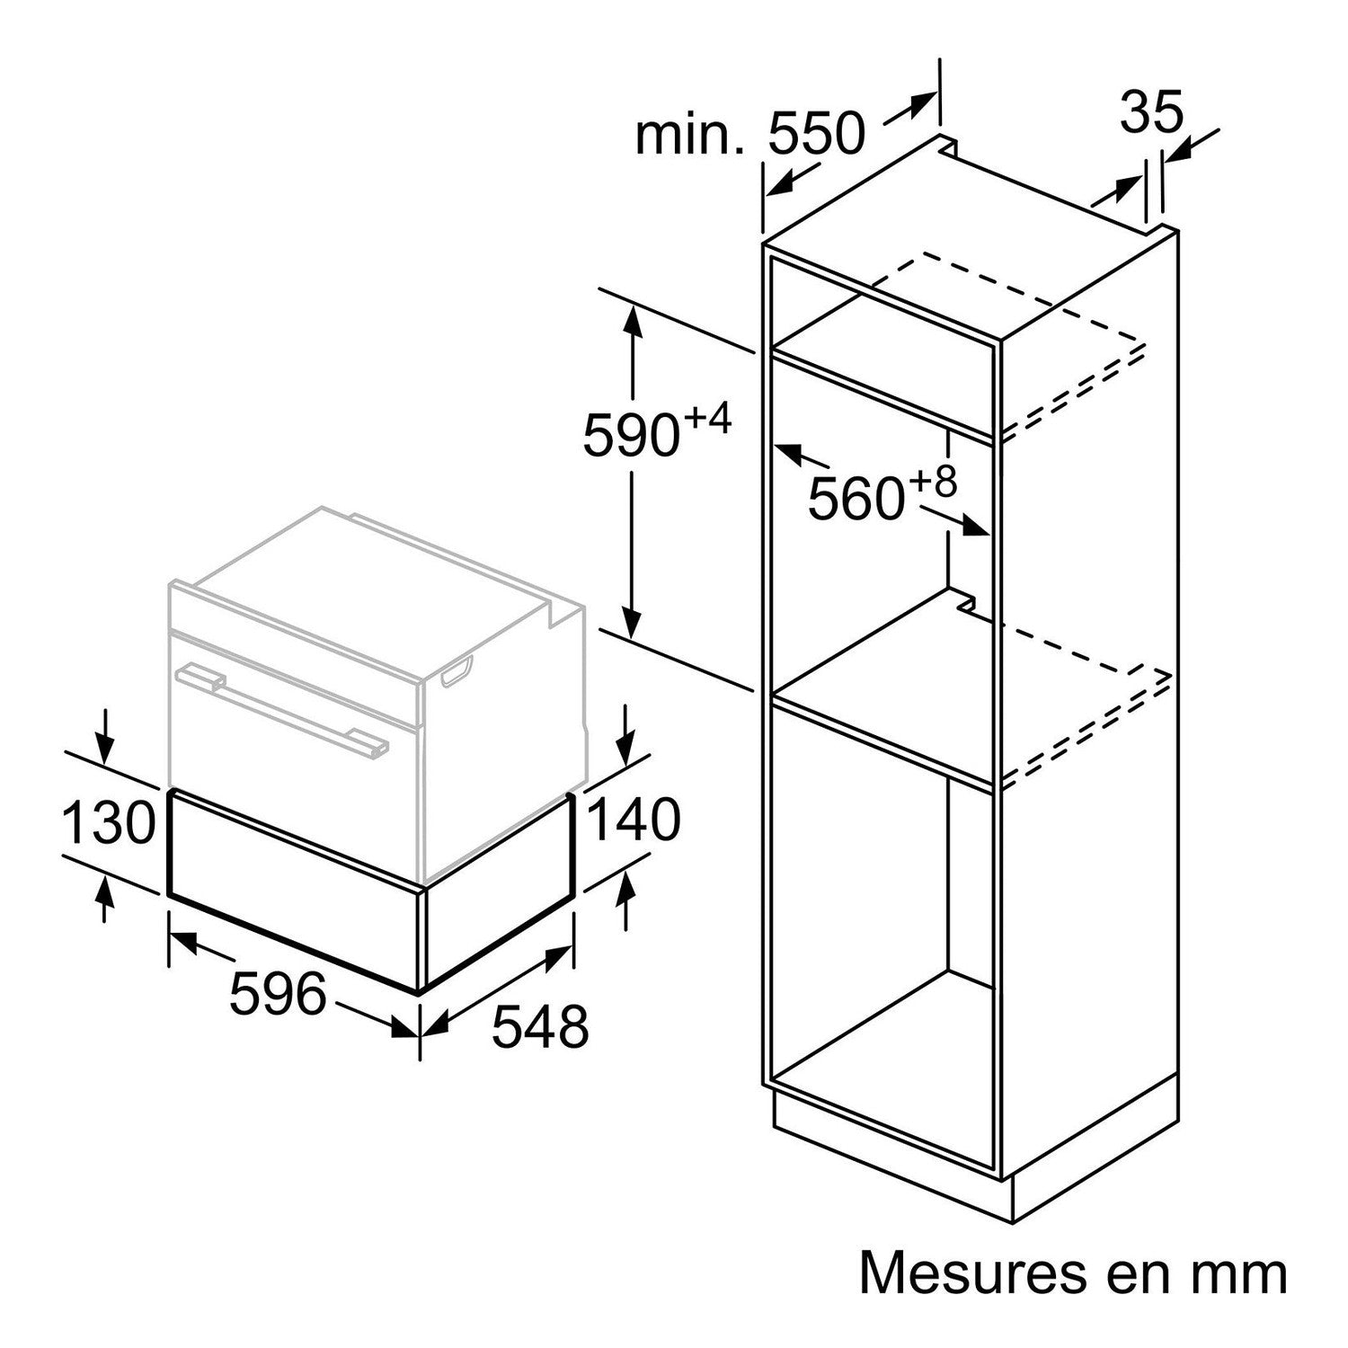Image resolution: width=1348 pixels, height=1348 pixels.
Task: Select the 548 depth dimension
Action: (x=540, y=1026)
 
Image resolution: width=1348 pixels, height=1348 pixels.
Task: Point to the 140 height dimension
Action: (x=633, y=820)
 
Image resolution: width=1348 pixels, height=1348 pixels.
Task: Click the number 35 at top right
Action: (x=1153, y=112)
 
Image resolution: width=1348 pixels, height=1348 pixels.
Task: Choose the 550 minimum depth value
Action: (x=816, y=134)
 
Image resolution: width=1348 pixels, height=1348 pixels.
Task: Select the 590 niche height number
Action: (x=630, y=435)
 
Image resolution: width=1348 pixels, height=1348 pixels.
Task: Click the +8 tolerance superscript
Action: (x=933, y=483)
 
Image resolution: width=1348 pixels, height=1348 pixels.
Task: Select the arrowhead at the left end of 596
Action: (x=184, y=944)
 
